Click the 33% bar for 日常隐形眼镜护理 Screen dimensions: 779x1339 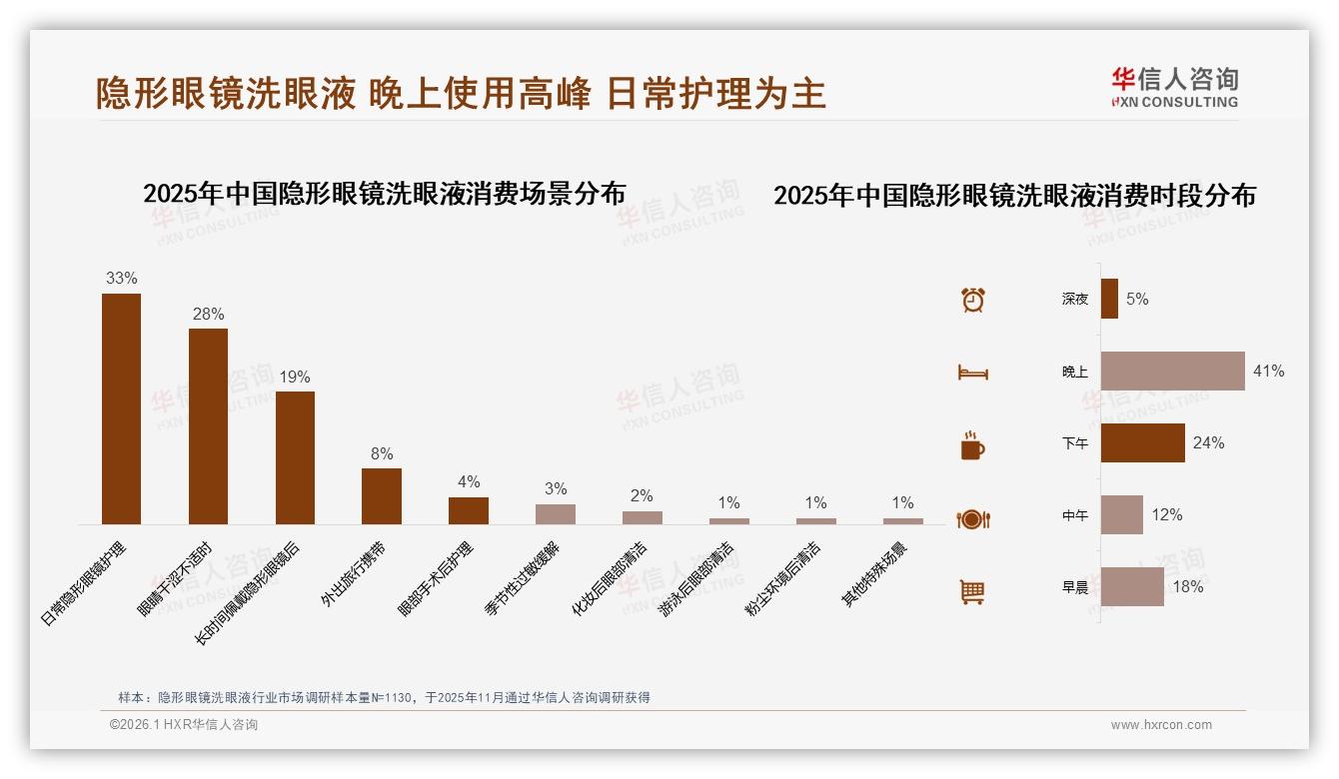(x=121, y=408)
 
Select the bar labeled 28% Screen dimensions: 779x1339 (x=208, y=426)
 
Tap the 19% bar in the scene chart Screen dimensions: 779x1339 (x=295, y=457)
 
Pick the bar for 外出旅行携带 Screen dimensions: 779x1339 (x=382, y=496)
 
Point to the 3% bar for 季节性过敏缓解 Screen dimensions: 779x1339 (x=556, y=514)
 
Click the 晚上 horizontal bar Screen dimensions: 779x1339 (x=1172, y=371)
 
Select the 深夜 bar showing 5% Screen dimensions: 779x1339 (x=1109, y=299)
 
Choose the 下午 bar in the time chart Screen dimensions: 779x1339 (x=1142, y=442)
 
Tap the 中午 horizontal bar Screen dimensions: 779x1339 (x=1121, y=514)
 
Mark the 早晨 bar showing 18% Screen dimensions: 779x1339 (x=1132, y=586)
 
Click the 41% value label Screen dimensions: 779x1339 (x=1268, y=371)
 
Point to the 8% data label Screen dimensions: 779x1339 (x=382, y=453)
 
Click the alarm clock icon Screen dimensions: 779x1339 (x=973, y=300)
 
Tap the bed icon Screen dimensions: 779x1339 (x=973, y=373)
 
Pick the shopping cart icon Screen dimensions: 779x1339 (x=972, y=591)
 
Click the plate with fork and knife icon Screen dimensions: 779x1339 (x=973, y=519)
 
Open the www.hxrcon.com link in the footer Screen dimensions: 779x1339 (x=1161, y=725)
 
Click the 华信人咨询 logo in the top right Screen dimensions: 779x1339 (x=1174, y=87)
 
